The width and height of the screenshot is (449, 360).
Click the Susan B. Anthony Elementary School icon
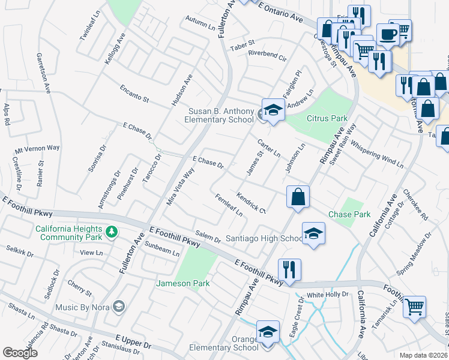tap(273, 110)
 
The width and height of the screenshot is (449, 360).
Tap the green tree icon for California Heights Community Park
tap(111, 231)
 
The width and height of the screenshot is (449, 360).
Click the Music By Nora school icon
tap(119, 307)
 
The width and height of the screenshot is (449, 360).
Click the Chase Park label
tap(349, 214)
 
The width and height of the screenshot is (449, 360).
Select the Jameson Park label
tap(182, 283)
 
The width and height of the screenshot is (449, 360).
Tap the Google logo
tap(20, 353)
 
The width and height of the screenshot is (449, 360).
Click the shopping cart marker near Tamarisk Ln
tap(414, 307)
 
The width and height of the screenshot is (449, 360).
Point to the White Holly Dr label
tap(328, 295)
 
